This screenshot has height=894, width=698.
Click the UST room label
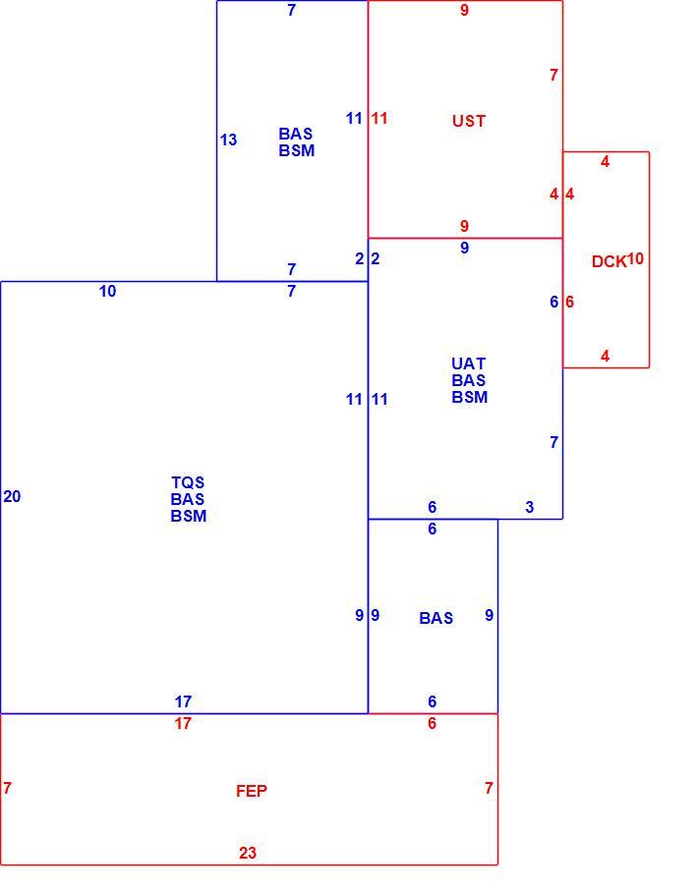[x=469, y=121]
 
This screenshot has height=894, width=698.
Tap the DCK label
[x=609, y=261]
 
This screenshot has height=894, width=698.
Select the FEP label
[x=251, y=791]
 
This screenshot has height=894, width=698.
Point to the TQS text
[x=188, y=482]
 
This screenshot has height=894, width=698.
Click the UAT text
[x=469, y=363]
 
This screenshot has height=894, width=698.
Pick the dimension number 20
[x=12, y=496]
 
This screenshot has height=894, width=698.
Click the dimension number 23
[x=248, y=853]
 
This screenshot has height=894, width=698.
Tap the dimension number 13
[x=228, y=140]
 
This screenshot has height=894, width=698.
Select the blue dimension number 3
[x=530, y=507]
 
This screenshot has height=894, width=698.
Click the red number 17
[x=183, y=723]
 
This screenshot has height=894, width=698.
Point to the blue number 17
[x=183, y=701]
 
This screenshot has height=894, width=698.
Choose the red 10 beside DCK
[x=635, y=258]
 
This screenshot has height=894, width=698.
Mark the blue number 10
[x=107, y=292]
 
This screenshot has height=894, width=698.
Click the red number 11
[x=379, y=119]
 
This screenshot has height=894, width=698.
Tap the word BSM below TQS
[x=189, y=516]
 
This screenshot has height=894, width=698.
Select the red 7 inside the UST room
[x=553, y=75]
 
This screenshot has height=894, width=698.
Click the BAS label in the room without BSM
[x=436, y=618]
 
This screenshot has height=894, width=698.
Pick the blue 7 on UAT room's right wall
[x=553, y=442]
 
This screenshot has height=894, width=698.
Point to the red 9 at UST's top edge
[x=465, y=10]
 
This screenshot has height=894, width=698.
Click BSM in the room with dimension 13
[x=297, y=150]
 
